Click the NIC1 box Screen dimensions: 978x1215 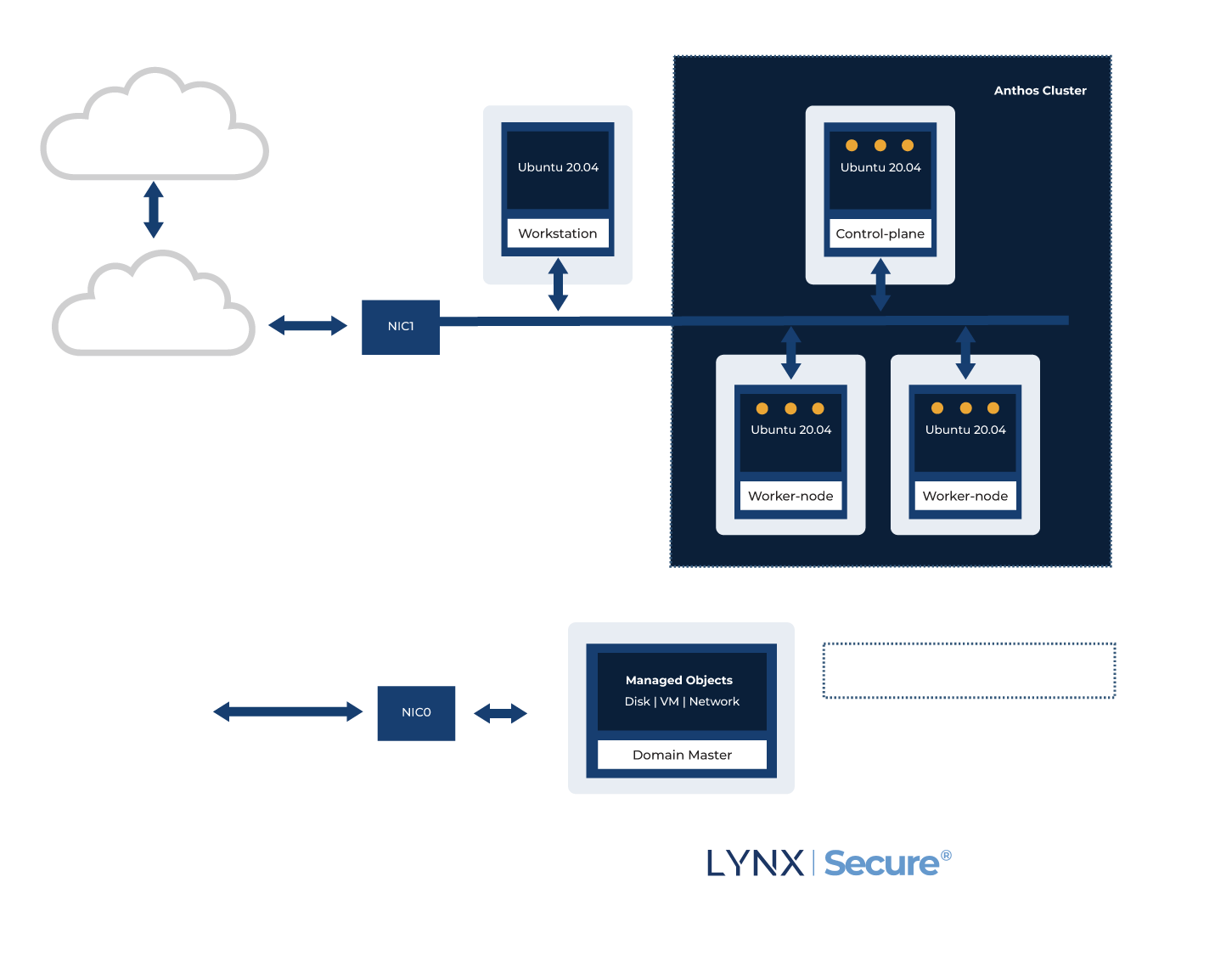click(x=401, y=327)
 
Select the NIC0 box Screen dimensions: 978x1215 click(x=416, y=713)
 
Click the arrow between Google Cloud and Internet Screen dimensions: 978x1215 click(x=154, y=210)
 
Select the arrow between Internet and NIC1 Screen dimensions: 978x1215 click(x=307, y=325)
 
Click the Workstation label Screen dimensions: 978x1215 click(x=558, y=233)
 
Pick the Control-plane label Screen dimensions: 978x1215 click(x=880, y=233)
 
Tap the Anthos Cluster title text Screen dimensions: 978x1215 click(x=1040, y=91)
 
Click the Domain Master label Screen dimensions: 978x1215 click(x=682, y=755)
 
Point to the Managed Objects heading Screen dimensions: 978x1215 click(x=679, y=680)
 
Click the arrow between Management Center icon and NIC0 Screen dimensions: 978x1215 click(x=288, y=711)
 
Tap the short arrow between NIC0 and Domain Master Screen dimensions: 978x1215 click(x=500, y=713)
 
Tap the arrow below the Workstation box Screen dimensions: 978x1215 click(x=558, y=284)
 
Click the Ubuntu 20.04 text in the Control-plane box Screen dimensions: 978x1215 click(x=880, y=167)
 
